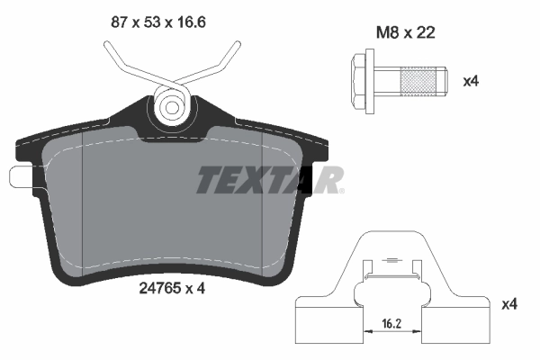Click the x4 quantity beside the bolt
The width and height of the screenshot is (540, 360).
coord(470,82)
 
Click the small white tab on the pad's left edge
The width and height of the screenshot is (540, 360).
coord(20,175)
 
